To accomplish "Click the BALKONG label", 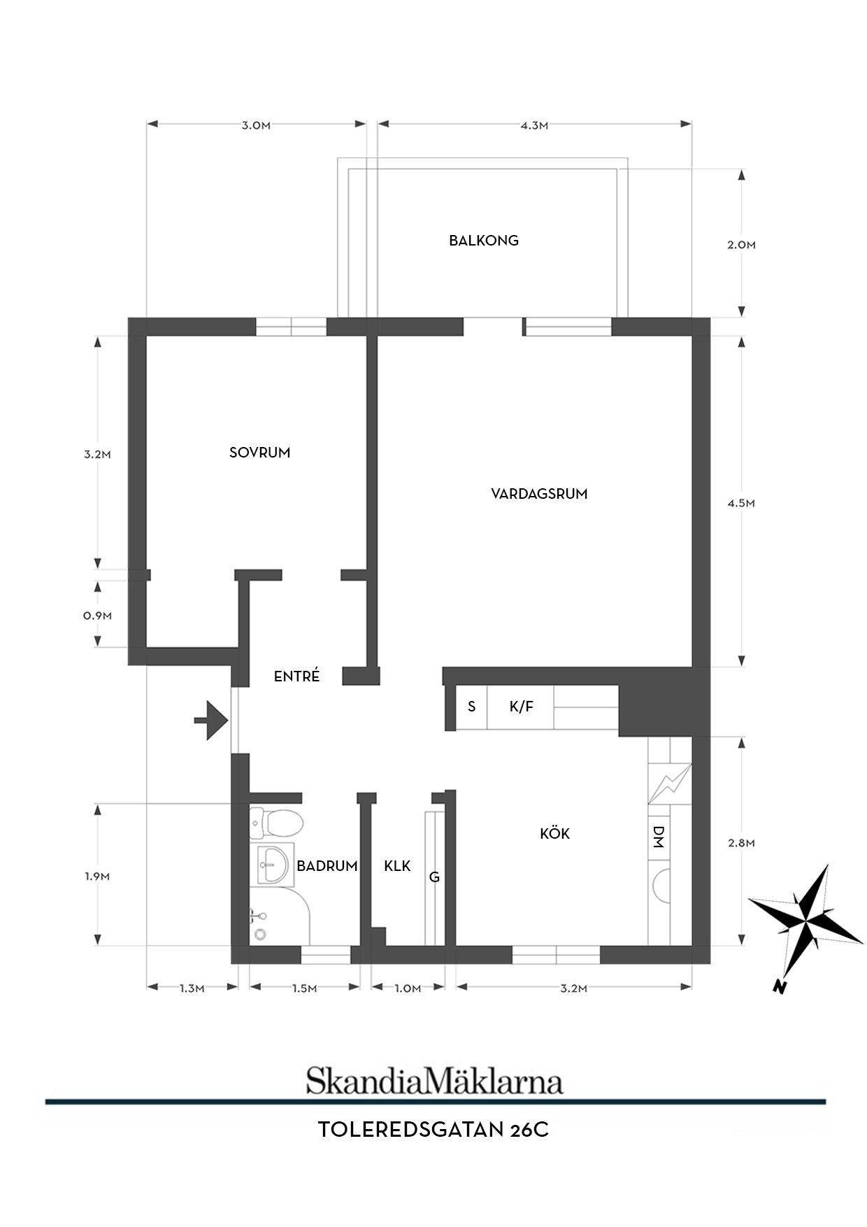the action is pyautogui.click(x=484, y=241).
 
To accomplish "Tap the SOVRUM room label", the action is pyautogui.click(x=259, y=453).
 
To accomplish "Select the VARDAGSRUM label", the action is pyautogui.click(x=539, y=494).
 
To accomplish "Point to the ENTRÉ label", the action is pyautogui.click(x=296, y=676).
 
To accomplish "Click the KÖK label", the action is pyautogui.click(x=555, y=833).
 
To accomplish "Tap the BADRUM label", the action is pyautogui.click(x=327, y=866).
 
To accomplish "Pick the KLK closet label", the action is pyautogui.click(x=397, y=866).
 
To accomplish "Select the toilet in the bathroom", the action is pyautogui.click(x=276, y=823).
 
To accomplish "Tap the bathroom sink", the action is pyautogui.click(x=273, y=866).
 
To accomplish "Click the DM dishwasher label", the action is pyautogui.click(x=658, y=837).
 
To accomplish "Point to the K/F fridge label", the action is pyautogui.click(x=521, y=707).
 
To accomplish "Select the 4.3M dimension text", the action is pyautogui.click(x=534, y=126).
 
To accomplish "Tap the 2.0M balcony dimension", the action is pyautogui.click(x=741, y=245).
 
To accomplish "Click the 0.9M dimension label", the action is pyautogui.click(x=97, y=616).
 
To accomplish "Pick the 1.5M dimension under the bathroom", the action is pyautogui.click(x=304, y=988).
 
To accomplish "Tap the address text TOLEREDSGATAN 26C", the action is pyautogui.click(x=433, y=1130).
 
